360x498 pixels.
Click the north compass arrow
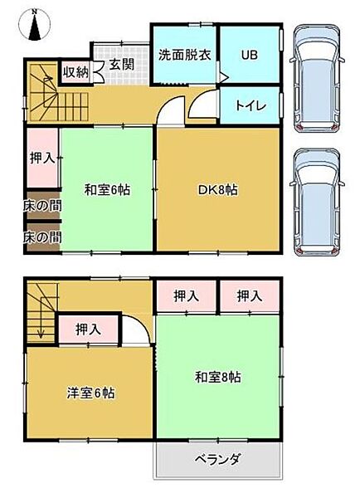click(x=34, y=27)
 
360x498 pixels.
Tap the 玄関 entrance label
click(x=121, y=64)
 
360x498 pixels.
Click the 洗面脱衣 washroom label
click(x=184, y=55)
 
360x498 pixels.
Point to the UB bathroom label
click(x=249, y=55)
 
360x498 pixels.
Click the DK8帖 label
click(x=219, y=189)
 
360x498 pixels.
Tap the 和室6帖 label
click(x=106, y=189)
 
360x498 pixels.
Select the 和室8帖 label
click(x=218, y=376)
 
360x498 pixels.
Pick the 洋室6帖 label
click(x=90, y=393)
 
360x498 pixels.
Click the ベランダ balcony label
click(x=218, y=458)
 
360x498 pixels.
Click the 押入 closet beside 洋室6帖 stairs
click(x=88, y=330)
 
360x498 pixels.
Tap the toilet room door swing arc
click(x=202, y=107)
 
